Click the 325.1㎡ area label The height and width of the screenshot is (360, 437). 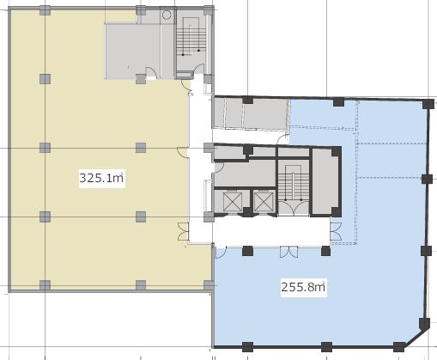tap(102, 178)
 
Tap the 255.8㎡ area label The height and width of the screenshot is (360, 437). tap(303, 287)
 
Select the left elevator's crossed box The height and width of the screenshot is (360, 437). tap(233, 202)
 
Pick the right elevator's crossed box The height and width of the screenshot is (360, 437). tap(264, 202)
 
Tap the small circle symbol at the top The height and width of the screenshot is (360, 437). tap(167, 15)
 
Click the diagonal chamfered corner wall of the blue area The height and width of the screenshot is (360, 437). tap(417, 338)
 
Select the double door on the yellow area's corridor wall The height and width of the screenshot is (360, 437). tap(184, 231)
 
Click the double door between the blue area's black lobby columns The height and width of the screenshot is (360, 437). tap(289, 252)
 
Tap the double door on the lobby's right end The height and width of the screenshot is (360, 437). tap(336, 231)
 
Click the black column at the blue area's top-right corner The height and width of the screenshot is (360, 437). tap(428, 104)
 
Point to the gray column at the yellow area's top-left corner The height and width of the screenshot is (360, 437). tap(45, 10)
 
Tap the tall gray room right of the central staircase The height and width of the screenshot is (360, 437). tap(324, 181)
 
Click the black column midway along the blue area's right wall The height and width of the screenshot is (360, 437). tap(427, 180)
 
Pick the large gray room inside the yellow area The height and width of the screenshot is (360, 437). tap(132, 51)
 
